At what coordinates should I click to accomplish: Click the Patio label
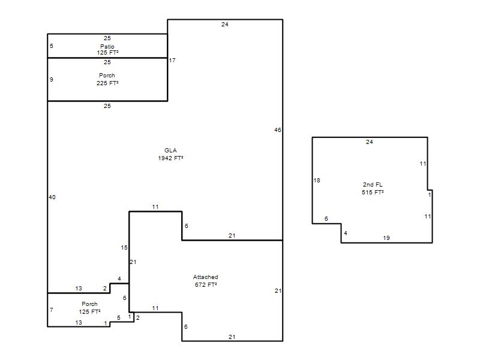pyautogui.click(x=107, y=47)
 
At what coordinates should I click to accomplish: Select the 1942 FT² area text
pyautogui.click(x=170, y=158)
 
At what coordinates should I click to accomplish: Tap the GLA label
pyautogui.click(x=170, y=151)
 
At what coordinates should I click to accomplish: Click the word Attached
pyautogui.click(x=205, y=277)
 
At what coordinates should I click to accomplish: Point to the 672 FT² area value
pyautogui.click(x=206, y=284)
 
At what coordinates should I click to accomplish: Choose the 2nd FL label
pyautogui.click(x=373, y=185)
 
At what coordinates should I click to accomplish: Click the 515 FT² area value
pyautogui.click(x=373, y=192)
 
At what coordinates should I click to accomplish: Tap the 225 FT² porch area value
pyautogui.click(x=107, y=83)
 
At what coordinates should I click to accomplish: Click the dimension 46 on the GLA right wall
pyautogui.click(x=278, y=130)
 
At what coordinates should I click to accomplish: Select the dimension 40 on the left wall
pyautogui.click(x=52, y=197)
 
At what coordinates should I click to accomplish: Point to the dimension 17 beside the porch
pyautogui.click(x=172, y=61)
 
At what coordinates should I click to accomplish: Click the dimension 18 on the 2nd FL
pyautogui.click(x=317, y=181)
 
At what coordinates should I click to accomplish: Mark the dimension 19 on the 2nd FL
pyautogui.click(x=386, y=238)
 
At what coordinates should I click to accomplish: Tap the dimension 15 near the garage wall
pyautogui.click(x=124, y=248)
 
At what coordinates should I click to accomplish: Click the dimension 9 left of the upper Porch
pyautogui.click(x=52, y=80)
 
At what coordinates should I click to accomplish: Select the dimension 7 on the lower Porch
pyautogui.click(x=52, y=310)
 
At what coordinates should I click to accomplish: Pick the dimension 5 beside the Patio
pyautogui.click(x=52, y=46)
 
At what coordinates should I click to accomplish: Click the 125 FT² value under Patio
pyautogui.click(x=108, y=53)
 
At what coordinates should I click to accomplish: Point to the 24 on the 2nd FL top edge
pyautogui.click(x=370, y=142)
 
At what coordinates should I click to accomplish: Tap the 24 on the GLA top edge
pyautogui.click(x=224, y=25)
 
